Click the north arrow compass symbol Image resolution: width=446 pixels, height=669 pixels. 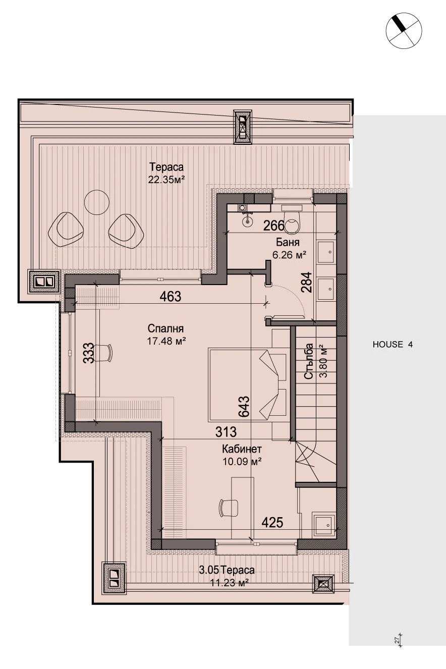404,30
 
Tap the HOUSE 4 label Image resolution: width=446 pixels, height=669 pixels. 393,345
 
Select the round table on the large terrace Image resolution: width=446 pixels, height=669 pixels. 97,202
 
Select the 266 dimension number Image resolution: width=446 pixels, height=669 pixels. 274,226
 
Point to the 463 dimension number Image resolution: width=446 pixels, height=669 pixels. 171,296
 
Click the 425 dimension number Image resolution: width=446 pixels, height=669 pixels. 272,522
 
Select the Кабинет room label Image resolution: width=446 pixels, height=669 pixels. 242,449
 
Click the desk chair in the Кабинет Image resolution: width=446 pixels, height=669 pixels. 228,508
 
